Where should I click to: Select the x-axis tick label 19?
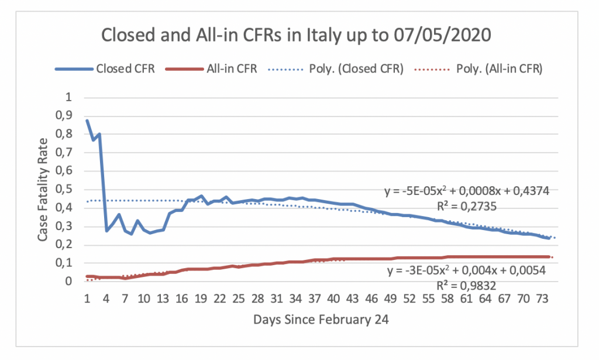point(201,299)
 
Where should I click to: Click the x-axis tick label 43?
point(353,299)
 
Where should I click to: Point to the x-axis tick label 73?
point(543,299)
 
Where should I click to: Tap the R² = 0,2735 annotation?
point(468,206)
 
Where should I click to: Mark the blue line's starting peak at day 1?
point(87,121)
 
